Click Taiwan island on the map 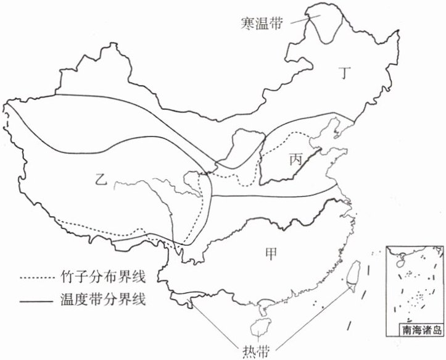pyautogui.click(x=356, y=275)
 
